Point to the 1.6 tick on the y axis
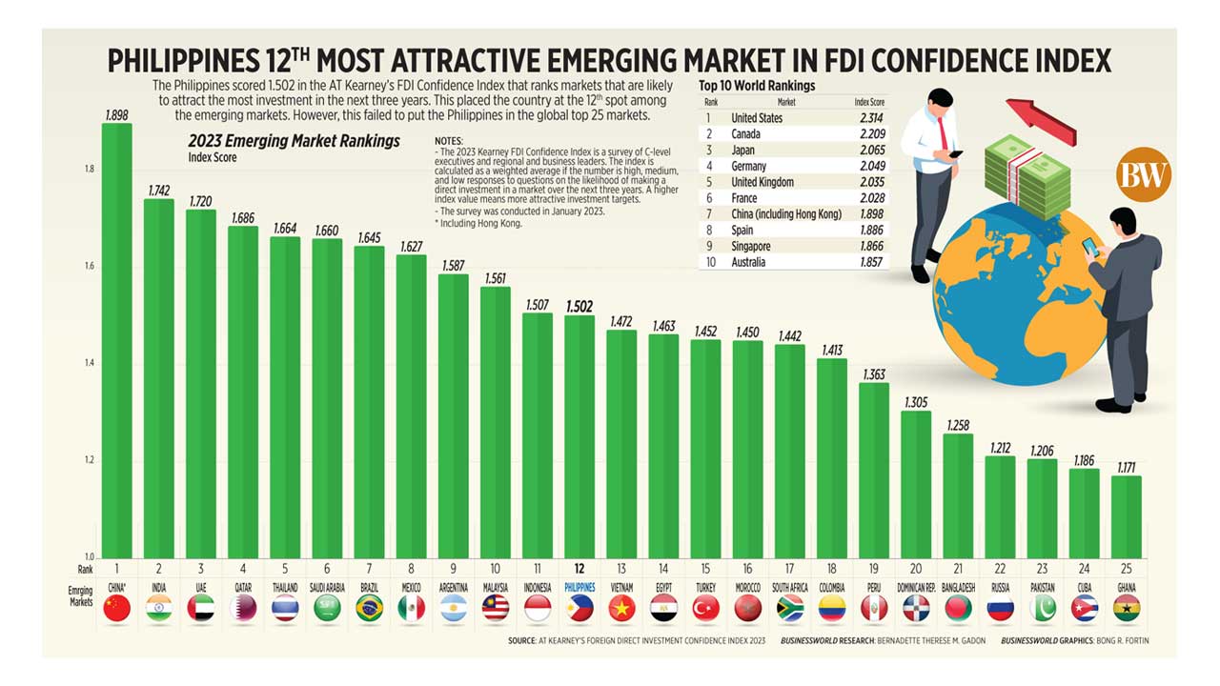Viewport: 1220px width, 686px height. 88,267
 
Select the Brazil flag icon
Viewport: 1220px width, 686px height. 369,609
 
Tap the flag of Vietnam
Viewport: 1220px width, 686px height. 621,609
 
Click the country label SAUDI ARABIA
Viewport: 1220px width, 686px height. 327,588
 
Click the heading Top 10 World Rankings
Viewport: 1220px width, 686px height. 757,86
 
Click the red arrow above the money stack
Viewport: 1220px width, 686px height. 1040,120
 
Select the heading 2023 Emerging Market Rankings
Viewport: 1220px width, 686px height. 294,141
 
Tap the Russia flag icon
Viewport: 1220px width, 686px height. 1001,609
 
